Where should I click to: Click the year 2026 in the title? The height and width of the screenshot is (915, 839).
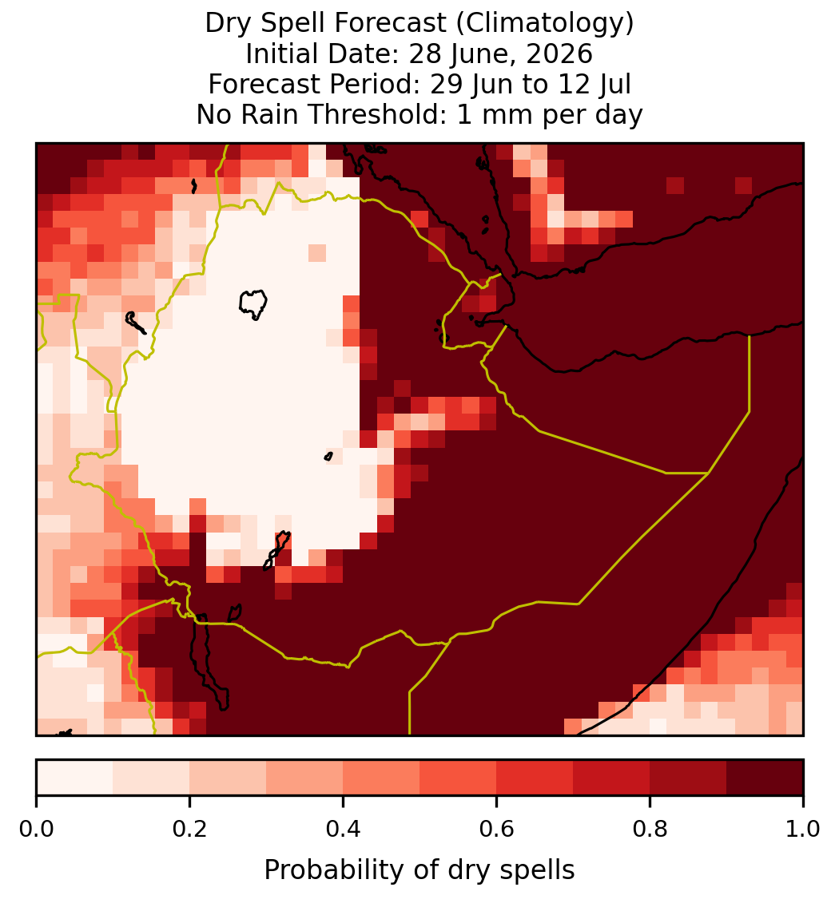(x=559, y=53)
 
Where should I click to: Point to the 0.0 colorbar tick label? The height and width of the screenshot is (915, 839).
(x=37, y=829)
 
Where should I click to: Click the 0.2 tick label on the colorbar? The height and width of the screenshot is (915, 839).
(x=189, y=829)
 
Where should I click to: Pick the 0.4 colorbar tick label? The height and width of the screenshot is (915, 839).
(x=344, y=829)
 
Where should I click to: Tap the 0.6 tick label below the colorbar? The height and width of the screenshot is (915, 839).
(x=497, y=829)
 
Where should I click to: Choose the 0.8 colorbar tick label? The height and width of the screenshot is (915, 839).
(x=650, y=829)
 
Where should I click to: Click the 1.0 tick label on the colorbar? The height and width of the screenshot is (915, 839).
(x=803, y=829)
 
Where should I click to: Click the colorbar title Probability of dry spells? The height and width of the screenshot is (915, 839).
(x=419, y=870)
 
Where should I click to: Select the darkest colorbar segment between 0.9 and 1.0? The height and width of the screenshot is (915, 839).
(x=765, y=778)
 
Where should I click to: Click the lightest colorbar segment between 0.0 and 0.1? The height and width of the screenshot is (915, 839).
(x=75, y=778)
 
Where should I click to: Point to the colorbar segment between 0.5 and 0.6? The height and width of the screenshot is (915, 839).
(x=459, y=778)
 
